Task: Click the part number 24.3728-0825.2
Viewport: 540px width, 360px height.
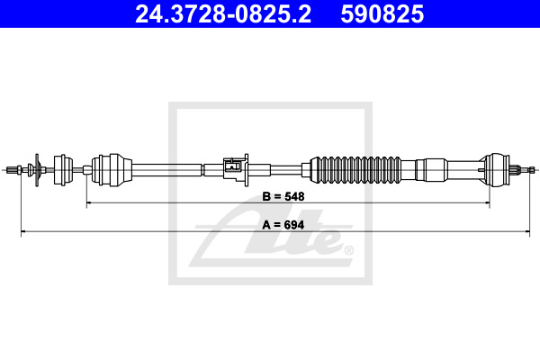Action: click(x=223, y=14)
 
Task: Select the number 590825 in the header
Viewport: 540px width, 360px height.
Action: click(x=382, y=14)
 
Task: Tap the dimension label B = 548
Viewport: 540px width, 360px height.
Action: click(x=283, y=196)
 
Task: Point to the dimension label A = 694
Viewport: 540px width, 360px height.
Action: click(x=283, y=225)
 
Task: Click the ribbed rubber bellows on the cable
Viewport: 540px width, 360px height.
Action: click(x=355, y=170)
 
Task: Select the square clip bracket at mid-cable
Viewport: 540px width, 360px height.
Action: click(x=236, y=170)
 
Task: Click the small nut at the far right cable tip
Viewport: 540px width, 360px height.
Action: click(x=532, y=170)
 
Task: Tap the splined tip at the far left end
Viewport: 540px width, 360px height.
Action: click(x=12, y=170)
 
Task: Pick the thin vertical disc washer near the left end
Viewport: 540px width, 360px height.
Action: click(x=37, y=170)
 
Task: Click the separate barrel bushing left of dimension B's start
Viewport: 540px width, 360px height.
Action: click(x=63, y=170)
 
